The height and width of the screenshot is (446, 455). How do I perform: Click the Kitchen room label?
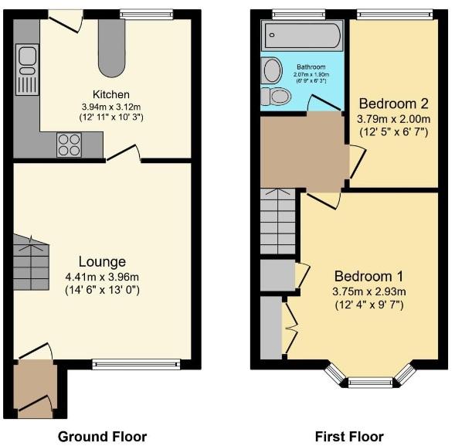click(105, 94)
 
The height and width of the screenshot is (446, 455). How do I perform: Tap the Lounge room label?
click(102, 262)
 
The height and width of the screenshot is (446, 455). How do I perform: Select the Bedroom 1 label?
click(369, 276)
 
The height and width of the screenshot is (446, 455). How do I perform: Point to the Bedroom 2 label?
click(392, 104)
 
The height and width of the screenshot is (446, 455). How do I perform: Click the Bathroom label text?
click(307, 67)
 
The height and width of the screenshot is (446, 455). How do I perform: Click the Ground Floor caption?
click(102, 436)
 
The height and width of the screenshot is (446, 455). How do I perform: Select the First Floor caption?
click(350, 436)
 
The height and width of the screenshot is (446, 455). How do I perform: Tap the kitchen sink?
click(27, 66)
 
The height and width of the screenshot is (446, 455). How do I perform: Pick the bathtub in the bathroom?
click(302, 36)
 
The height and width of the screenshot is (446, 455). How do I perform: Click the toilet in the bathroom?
click(276, 97)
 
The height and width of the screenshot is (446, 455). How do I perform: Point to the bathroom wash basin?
click(272, 71)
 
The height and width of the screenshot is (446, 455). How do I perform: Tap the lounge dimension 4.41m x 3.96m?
click(102, 277)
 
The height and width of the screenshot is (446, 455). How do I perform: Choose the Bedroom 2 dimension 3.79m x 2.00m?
click(392, 120)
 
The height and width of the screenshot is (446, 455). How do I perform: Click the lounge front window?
click(136, 363)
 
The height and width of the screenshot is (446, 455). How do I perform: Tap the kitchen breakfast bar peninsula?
click(111, 46)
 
